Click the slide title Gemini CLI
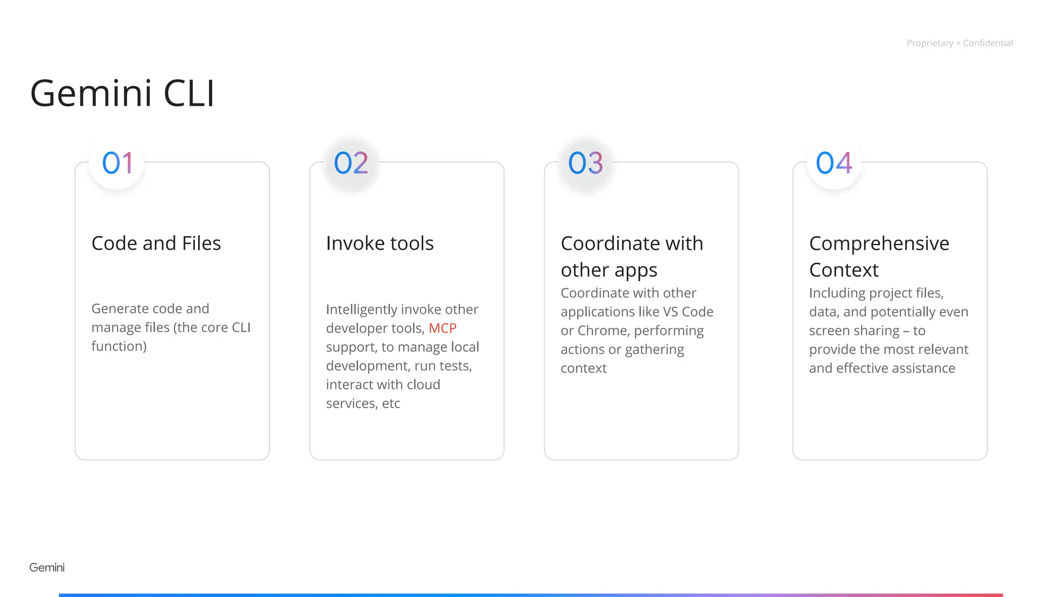122,93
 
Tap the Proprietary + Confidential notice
959,43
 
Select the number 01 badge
117,163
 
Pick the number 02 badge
351,163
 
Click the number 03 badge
585,163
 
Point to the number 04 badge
834,163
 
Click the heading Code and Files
156,243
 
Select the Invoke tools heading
380,243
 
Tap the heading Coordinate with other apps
632,257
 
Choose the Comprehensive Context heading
879,257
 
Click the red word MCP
442,328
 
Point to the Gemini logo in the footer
47,567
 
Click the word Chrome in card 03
602,331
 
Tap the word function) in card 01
119,346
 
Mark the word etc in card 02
391,404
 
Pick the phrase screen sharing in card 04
854,331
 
